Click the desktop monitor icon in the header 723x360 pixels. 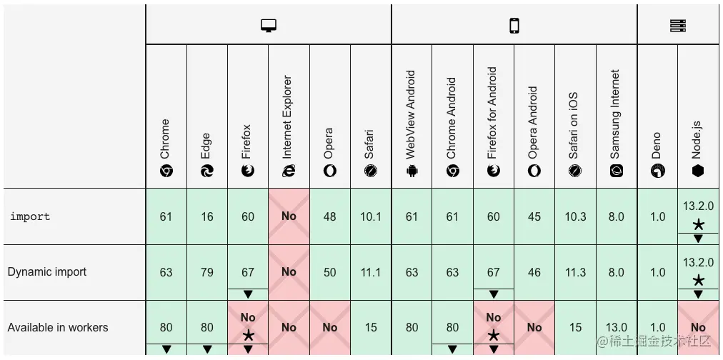coord(269,26)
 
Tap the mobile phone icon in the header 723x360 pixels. coord(514,26)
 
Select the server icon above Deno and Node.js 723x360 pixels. coord(678,26)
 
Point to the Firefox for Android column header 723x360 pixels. coord(493,121)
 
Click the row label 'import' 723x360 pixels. coord(30,216)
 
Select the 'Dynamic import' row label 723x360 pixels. coord(47,272)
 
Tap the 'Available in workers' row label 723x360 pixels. coord(58,328)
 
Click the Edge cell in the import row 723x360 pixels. coord(207,216)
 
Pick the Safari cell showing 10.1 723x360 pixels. coord(371,216)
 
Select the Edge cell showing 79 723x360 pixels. coord(207,272)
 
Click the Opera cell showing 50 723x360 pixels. coord(329,272)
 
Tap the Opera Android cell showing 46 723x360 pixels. coord(534,272)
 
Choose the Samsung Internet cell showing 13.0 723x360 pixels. coord(616,328)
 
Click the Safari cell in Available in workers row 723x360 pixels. coord(371,328)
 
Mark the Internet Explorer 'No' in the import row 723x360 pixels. coord(289,216)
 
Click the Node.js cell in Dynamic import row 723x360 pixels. coord(698,272)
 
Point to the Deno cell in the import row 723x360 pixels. coord(657,216)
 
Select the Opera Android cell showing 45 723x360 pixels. coord(534,216)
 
